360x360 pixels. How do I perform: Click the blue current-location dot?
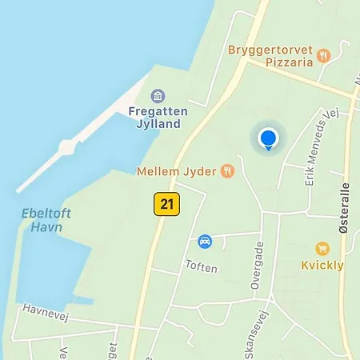click(268, 138)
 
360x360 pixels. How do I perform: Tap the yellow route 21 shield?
click(166, 204)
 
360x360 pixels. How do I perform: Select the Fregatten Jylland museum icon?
click(158, 97)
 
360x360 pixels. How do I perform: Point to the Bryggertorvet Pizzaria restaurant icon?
click(323, 55)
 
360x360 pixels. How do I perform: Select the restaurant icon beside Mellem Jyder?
click(228, 170)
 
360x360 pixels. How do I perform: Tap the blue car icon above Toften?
click(204, 241)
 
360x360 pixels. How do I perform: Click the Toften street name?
click(201, 267)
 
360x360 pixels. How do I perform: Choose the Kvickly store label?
click(322, 266)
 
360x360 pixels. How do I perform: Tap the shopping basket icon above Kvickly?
click(322, 249)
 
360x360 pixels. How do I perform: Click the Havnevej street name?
click(46, 310)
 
